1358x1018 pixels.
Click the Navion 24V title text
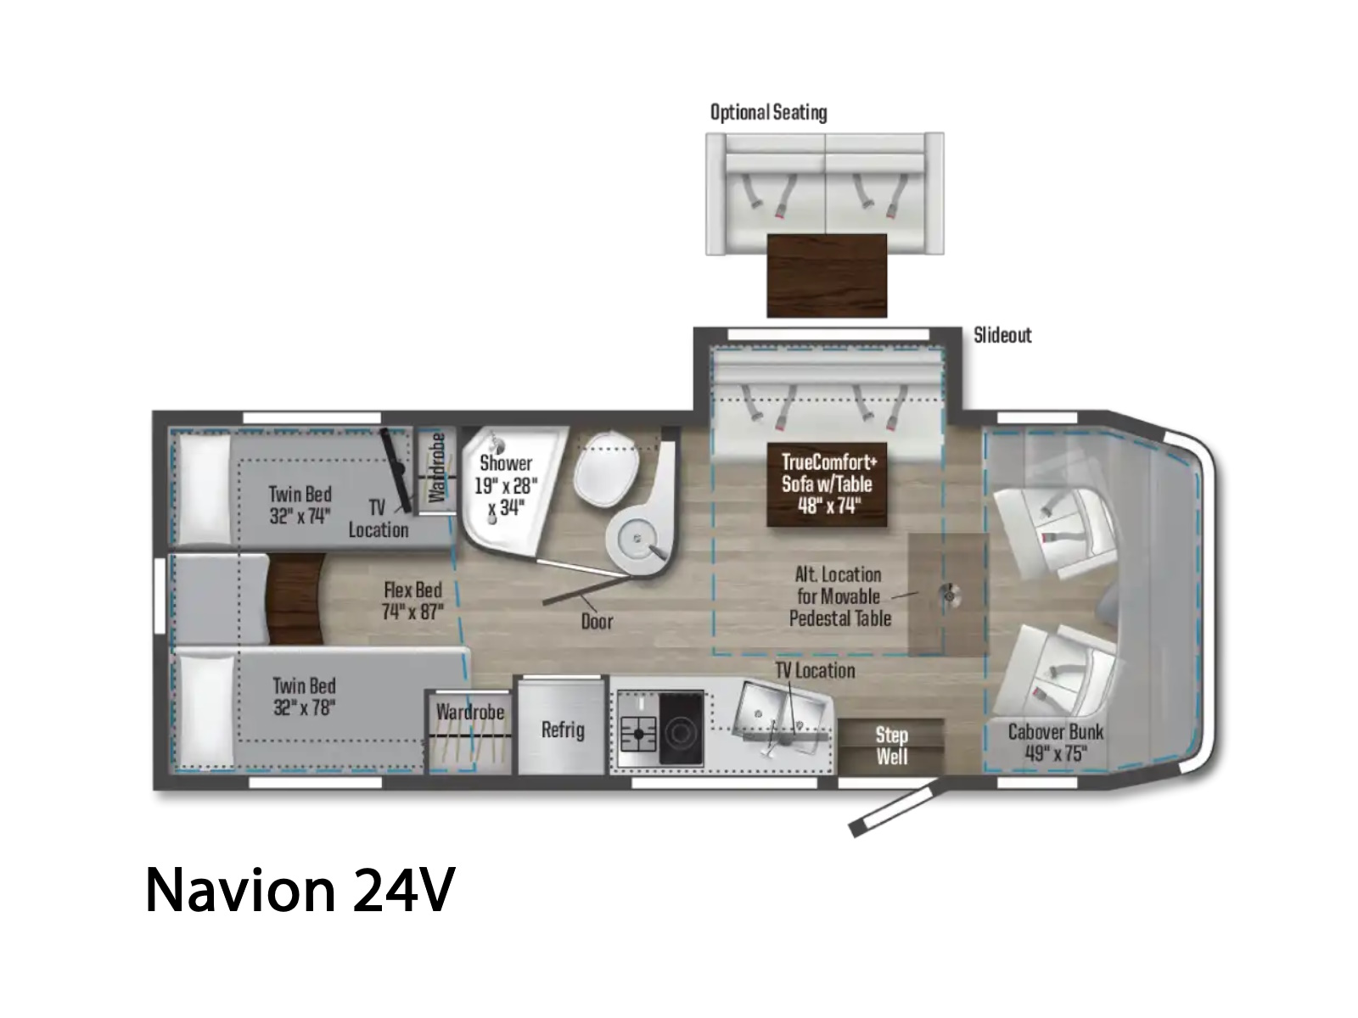pyautogui.click(x=300, y=890)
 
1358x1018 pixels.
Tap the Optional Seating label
pyautogui.click(x=768, y=113)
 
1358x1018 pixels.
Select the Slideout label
pyautogui.click(x=1002, y=335)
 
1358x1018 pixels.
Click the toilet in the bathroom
pyautogui.click(x=606, y=468)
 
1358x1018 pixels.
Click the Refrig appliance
pyautogui.click(x=561, y=726)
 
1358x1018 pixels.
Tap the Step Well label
pyautogui.click(x=891, y=746)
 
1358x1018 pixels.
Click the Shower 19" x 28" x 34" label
pyautogui.click(x=506, y=486)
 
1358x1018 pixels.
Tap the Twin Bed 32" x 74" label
pyautogui.click(x=300, y=505)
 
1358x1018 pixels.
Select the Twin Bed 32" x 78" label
pyautogui.click(x=305, y=696)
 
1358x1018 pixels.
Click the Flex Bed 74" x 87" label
pyautogui.click(x=412, y=601)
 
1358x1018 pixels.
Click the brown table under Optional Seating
pyautogui.click(x=828, y=276)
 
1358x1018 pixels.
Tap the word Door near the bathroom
pyautogui.click(x=597, y=621)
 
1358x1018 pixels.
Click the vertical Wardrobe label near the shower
pyautogui.click(x=437, y=468)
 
